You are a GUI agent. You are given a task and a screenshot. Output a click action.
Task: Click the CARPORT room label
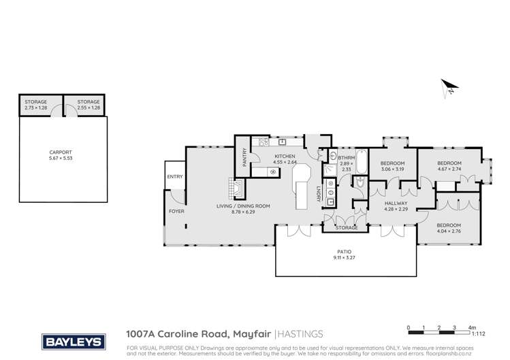point(61,153)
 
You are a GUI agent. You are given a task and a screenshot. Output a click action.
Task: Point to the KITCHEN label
point(285,157)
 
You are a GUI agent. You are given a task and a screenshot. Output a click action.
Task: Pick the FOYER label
point(176,211)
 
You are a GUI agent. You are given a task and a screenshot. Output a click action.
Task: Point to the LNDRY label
point(317,194)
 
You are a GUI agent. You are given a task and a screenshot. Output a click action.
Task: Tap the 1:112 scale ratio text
point(479,333)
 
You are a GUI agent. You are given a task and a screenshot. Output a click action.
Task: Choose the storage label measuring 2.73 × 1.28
point(35,104)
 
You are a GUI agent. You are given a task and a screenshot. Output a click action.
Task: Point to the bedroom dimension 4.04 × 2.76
point(449,230)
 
